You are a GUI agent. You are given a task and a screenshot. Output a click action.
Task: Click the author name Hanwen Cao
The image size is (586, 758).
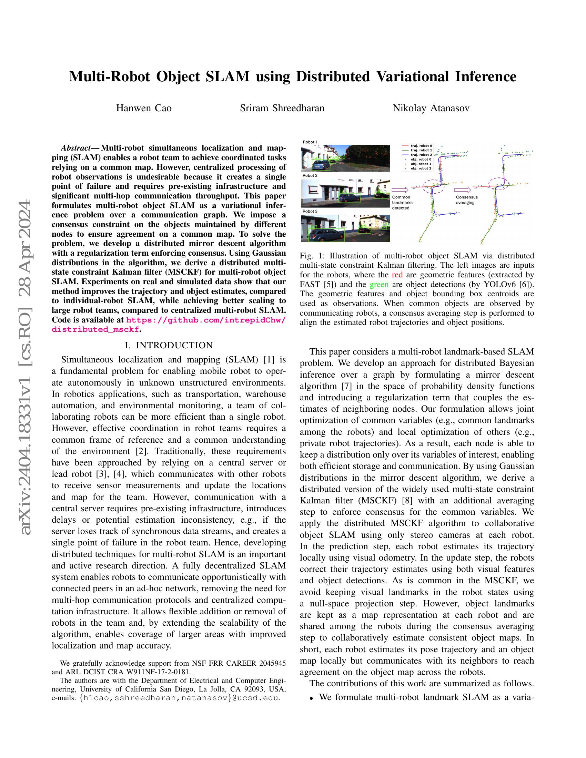144,108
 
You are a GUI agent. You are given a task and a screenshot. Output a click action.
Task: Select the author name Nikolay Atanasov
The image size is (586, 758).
431,108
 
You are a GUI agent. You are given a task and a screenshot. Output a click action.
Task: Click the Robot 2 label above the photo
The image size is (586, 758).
310,176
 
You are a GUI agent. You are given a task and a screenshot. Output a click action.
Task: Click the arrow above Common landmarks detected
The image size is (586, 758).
401,190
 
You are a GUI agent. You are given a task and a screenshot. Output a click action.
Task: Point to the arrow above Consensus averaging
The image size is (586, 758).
462,190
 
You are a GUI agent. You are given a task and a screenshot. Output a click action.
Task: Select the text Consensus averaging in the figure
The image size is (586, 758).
467,200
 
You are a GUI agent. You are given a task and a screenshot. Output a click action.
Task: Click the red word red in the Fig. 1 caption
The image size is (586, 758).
397,275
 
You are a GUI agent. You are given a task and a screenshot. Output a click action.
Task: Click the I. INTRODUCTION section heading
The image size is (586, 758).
169,345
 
